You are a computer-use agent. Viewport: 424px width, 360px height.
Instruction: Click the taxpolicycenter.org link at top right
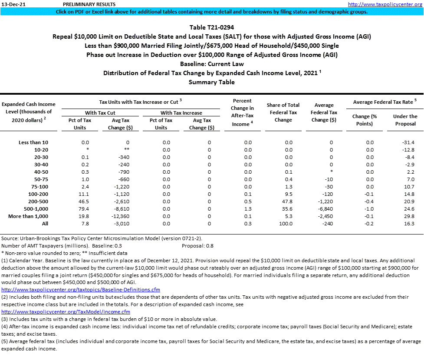385,4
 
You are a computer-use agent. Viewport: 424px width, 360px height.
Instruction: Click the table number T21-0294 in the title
212,27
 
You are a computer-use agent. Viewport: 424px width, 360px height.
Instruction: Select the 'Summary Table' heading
212,82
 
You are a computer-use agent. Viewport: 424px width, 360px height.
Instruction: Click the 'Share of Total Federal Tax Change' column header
283,112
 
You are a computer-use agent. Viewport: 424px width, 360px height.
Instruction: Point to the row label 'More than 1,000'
28,216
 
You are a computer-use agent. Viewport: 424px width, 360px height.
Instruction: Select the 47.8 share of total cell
283,201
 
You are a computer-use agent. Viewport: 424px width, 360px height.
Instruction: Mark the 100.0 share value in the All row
283,224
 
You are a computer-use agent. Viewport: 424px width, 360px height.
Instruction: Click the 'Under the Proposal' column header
404,120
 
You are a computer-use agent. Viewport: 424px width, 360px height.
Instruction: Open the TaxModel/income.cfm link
66,312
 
